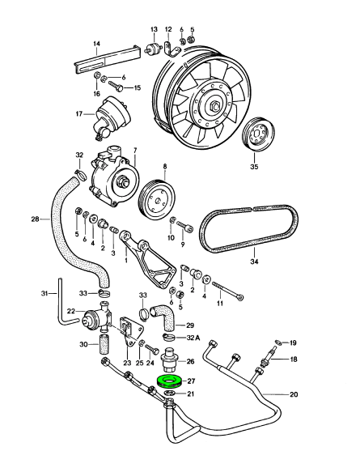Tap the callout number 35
point(254,167)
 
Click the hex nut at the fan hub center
point(214,106)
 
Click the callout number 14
point(96,44)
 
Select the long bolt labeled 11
point(227,290)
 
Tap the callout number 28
point(36,219)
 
